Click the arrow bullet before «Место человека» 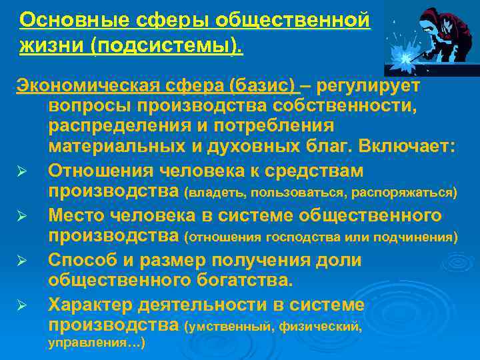[x=21, y=217]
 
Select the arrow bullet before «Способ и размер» [x=21, y=261]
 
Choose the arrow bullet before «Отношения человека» [x=21, y=172]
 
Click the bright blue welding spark [x=403, y=59]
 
